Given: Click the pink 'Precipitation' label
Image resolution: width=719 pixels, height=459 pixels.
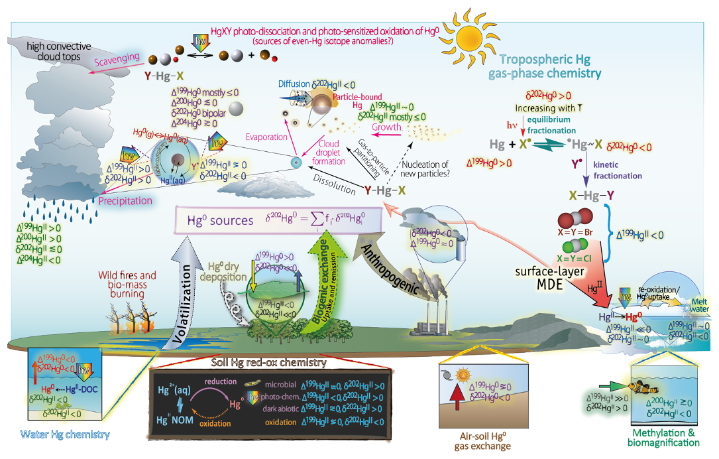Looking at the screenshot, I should click(x=126, y=200).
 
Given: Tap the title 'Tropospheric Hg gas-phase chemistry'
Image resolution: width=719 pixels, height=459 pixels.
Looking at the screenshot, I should click(x=551, y=65).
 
